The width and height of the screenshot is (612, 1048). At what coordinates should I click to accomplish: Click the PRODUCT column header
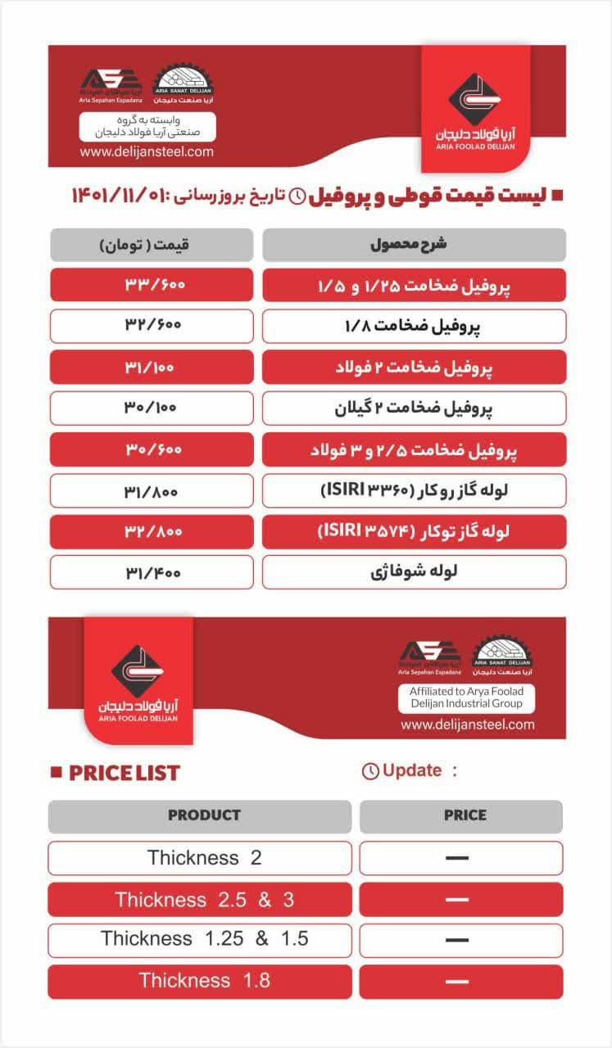[x=203, y=815]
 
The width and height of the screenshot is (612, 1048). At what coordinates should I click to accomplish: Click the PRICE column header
[x=461, y=815]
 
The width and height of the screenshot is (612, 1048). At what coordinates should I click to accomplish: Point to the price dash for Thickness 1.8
[x=457, y=980]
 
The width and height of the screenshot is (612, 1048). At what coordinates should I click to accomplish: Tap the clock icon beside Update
[x=370, y=771]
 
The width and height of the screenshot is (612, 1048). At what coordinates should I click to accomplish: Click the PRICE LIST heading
[x=124, y=773]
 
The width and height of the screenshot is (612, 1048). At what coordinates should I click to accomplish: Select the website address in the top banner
[x=147, y=151]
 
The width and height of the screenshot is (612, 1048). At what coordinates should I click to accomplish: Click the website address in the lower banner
[x=467, y=724]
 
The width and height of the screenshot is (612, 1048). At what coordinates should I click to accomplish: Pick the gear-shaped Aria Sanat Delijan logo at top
[x=184, y=83]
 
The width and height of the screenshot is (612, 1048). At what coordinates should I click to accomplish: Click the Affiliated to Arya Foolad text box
[x=467, y=697]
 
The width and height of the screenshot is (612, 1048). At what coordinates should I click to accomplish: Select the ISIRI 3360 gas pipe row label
[x=414, y=490]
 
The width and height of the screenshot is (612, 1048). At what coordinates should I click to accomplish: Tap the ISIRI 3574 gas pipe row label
[x=414, y=531]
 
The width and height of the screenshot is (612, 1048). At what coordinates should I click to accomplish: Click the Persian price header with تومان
[x=151, y=245]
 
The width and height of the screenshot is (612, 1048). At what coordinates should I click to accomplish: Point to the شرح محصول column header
[x=414, y=245]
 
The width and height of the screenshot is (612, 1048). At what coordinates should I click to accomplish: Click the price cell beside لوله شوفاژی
[x=151, y=572]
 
